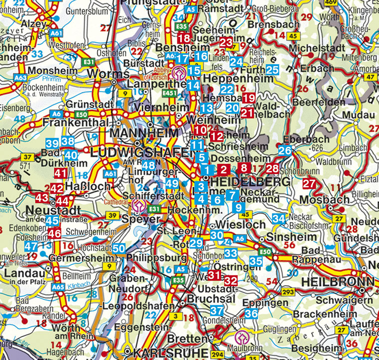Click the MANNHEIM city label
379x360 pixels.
pyautogui.click(x=144, y=133)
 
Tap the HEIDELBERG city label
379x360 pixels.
pyautogui.click(x=250, y=182)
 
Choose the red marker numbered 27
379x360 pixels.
pyautogui.click(x=309, y=184)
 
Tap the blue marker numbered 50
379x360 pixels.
pyautogui.click(x=119, y=248)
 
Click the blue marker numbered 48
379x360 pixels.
pyautogui.click(x=148, y=165)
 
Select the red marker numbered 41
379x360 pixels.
pyautogui.click(x=60, y=174)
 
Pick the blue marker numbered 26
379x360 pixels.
pyautogui.click(x=285, y=151)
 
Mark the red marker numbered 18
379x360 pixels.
pyautogui.click(x=184, y=38)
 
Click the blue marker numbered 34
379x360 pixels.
pyautogui.click(x=279, y=219)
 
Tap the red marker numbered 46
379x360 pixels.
pyautogui.click(x=55, y=233)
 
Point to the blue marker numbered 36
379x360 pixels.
pyautogui.click(x=252, y=314)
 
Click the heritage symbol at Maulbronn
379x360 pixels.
pyautogui.click(x=242, y=336)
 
